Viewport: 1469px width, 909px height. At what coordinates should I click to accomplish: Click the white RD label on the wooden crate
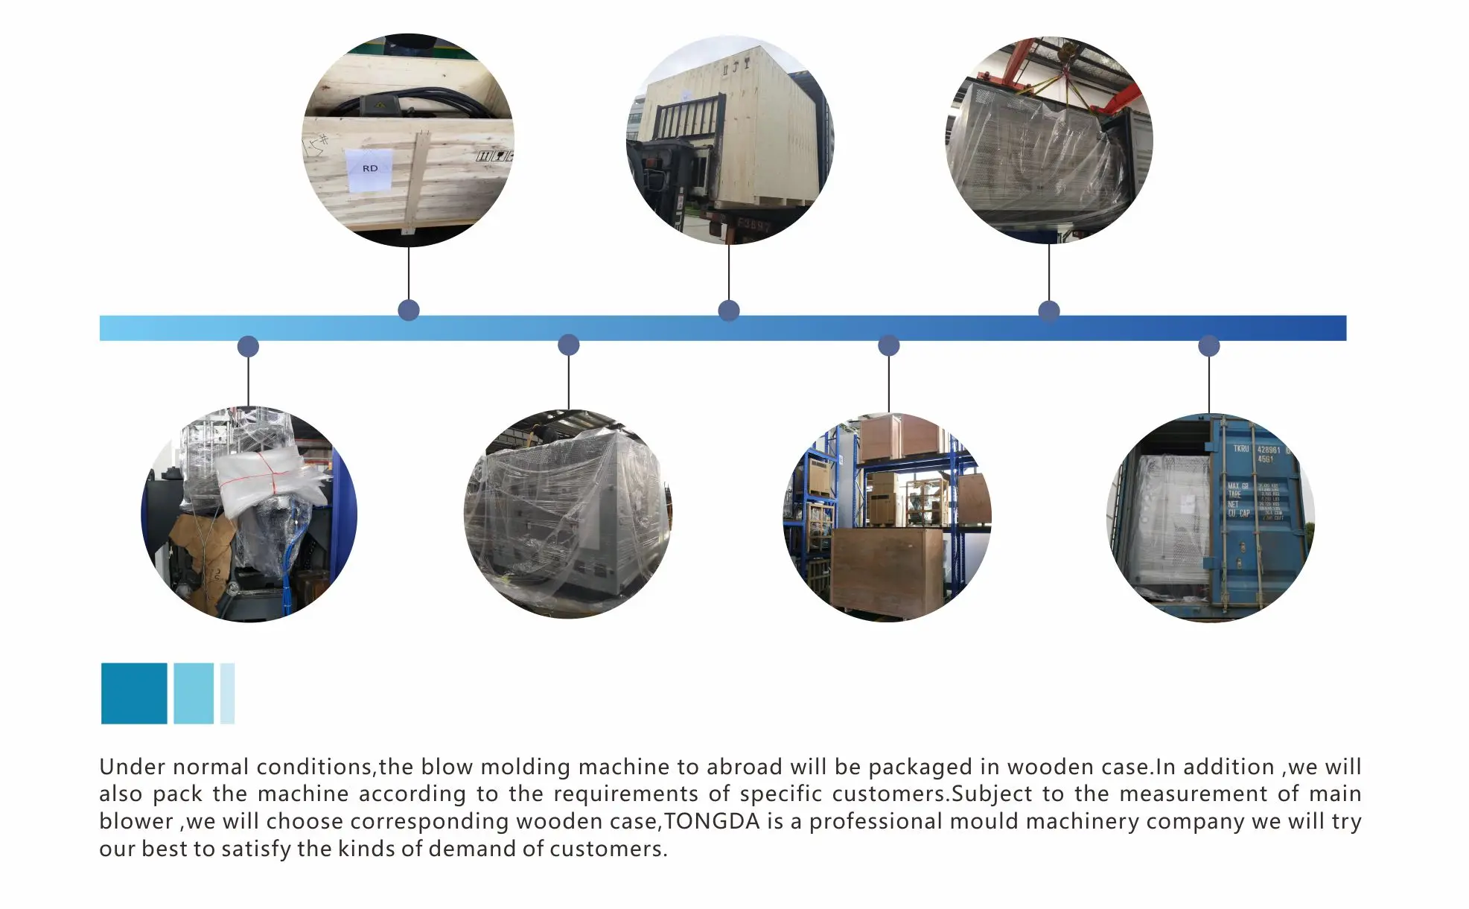370,169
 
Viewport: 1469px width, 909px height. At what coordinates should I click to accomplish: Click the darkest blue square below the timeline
134,693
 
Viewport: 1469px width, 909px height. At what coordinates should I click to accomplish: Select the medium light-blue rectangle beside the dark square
194,693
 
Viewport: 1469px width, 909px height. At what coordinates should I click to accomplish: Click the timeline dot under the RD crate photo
409,310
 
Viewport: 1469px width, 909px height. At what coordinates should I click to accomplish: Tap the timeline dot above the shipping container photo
1209,346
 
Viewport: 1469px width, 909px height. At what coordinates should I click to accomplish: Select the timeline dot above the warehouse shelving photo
889,346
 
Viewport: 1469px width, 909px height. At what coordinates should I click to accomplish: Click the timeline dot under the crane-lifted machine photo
1049,311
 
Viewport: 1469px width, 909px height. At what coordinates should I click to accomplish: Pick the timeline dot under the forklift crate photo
729,310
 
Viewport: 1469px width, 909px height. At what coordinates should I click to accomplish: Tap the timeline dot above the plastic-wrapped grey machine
569,345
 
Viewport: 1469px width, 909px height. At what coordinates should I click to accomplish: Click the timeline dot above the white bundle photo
248,346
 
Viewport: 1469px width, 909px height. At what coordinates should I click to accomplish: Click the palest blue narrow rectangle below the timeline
227,693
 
